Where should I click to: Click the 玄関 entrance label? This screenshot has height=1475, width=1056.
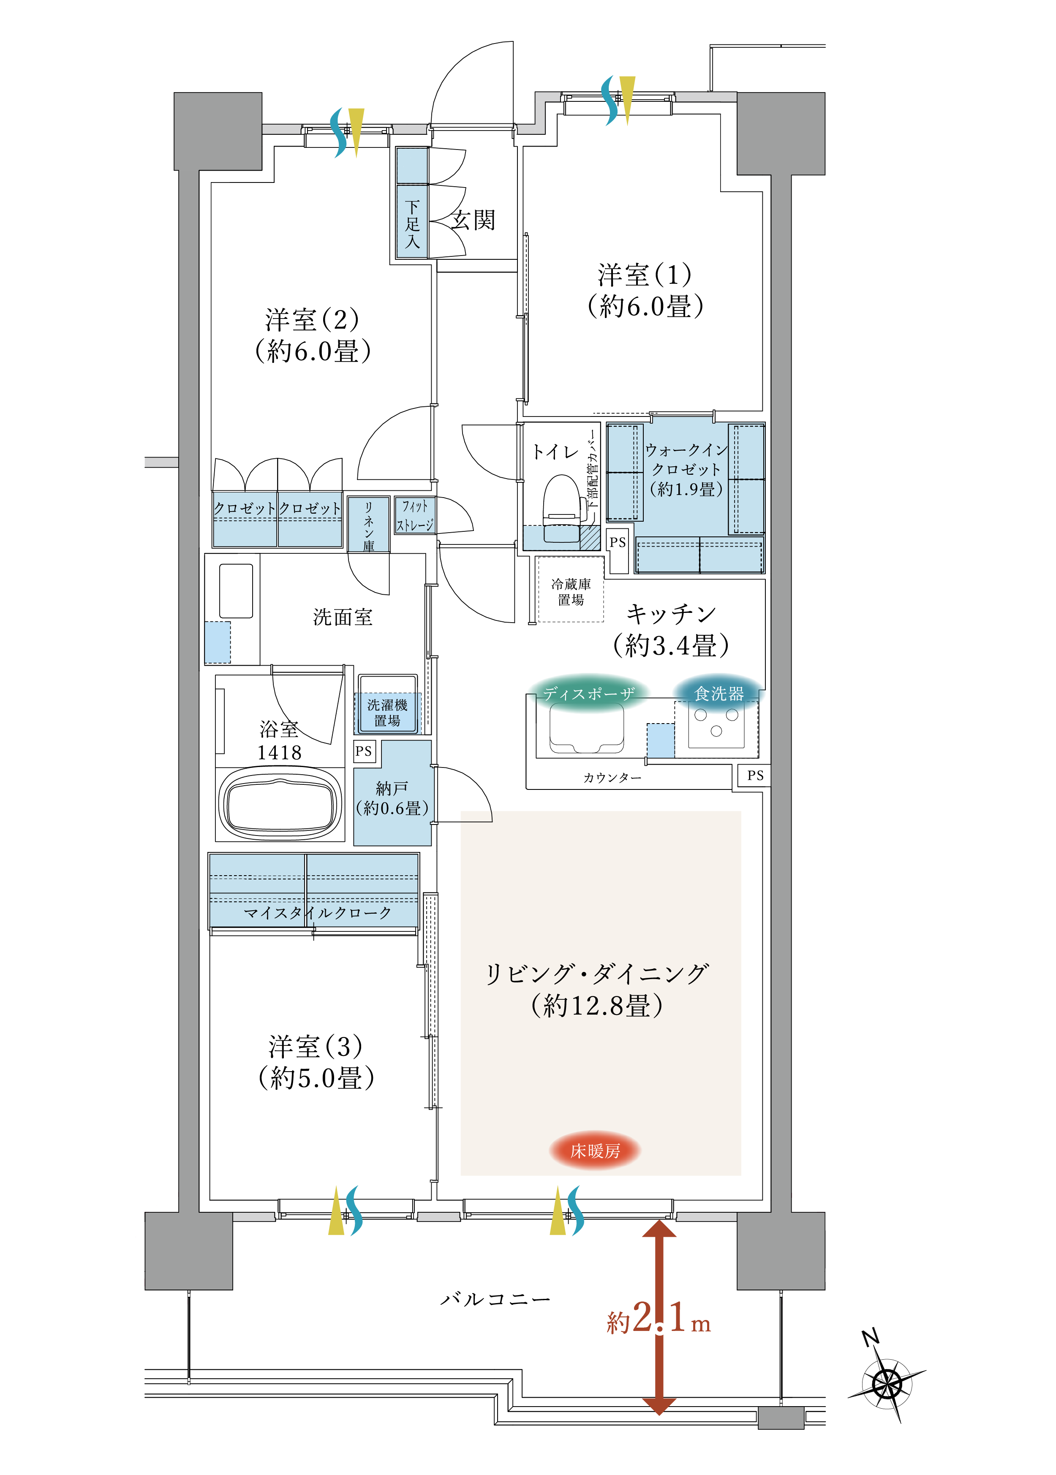point(474,220)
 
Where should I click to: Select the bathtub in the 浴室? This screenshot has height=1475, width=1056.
point(280,805)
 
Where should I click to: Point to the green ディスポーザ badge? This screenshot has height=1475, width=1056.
point(588,694)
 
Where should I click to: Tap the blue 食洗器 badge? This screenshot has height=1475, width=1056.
point(719,694)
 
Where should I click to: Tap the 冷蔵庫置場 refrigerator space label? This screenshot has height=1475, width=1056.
point(571,591)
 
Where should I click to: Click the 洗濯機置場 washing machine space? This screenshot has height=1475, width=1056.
point(387,713)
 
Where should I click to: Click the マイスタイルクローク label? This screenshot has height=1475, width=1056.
point(317,913)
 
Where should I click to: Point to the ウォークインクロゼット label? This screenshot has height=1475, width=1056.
point(686,469)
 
